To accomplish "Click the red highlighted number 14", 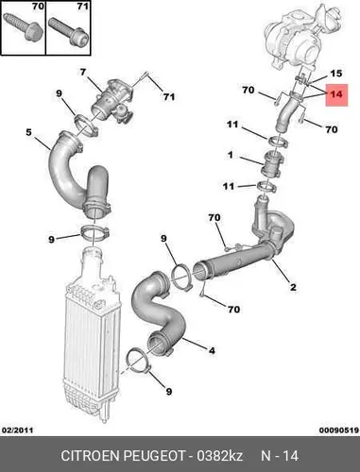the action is (x=336, y=94).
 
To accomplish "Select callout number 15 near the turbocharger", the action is (x=335, y=74).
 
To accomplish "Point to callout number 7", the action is (x=82, y=73).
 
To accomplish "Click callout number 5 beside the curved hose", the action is (x=28, y=132).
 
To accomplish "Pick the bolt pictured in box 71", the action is (x=68, y=31).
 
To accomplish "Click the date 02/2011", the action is (x=17, y=430).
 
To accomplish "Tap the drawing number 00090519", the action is (x=339, y=430).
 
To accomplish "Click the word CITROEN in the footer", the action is (x=90, y=456).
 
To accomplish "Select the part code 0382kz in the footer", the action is (x=219, y=456).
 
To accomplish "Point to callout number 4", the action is (x=212, y=350).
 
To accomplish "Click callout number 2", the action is (x=293, y=287).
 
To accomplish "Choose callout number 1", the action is (x=231, y=155).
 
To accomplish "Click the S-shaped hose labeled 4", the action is (x=158, y=314).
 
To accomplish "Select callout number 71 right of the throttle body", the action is (x=169, y=96).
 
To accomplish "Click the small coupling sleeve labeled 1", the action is (x=272, y=163).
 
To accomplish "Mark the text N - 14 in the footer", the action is (x=280, y=456).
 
